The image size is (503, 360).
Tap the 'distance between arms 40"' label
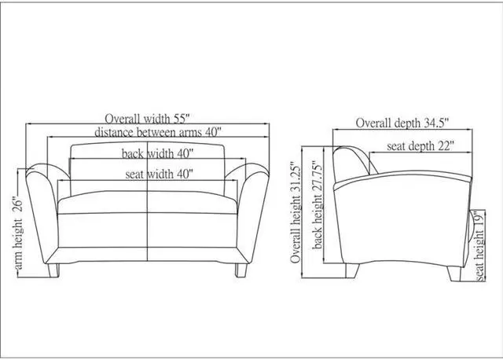point(158,132)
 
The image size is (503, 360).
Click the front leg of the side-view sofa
point(454,274)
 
